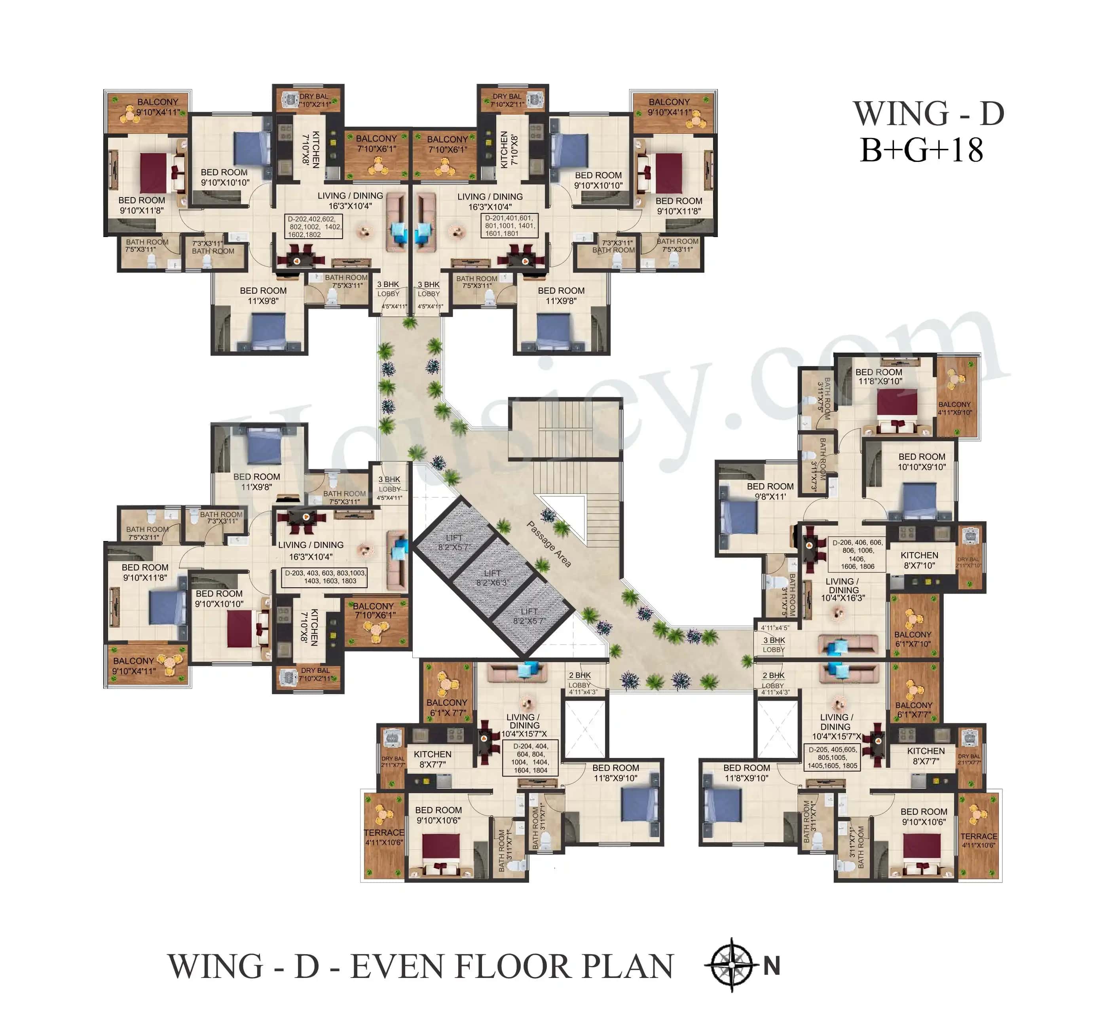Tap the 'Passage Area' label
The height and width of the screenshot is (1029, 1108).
[x=549, y=544]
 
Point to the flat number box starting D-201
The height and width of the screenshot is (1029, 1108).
[x=509, y=226]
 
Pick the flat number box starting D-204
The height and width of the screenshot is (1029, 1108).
[x=530, y=758]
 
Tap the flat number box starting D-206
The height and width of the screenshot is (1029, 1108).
[x=856, y=554]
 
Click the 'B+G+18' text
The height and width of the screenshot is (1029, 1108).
[x=922, y=151]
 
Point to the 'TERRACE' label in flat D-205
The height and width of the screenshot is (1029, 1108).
[x=978, y=840]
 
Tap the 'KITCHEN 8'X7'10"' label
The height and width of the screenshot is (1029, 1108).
[x=919, y=560]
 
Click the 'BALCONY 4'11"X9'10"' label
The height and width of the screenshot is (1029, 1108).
[x=954, y=408]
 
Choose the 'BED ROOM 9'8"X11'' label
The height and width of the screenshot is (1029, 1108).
[x=770, y=491]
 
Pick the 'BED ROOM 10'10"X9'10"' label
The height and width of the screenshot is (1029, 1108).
[x=922, y=461]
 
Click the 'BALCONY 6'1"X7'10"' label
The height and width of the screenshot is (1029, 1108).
[x=913, y=639]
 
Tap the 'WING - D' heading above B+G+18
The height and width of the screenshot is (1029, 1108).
[x=928, y=114]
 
